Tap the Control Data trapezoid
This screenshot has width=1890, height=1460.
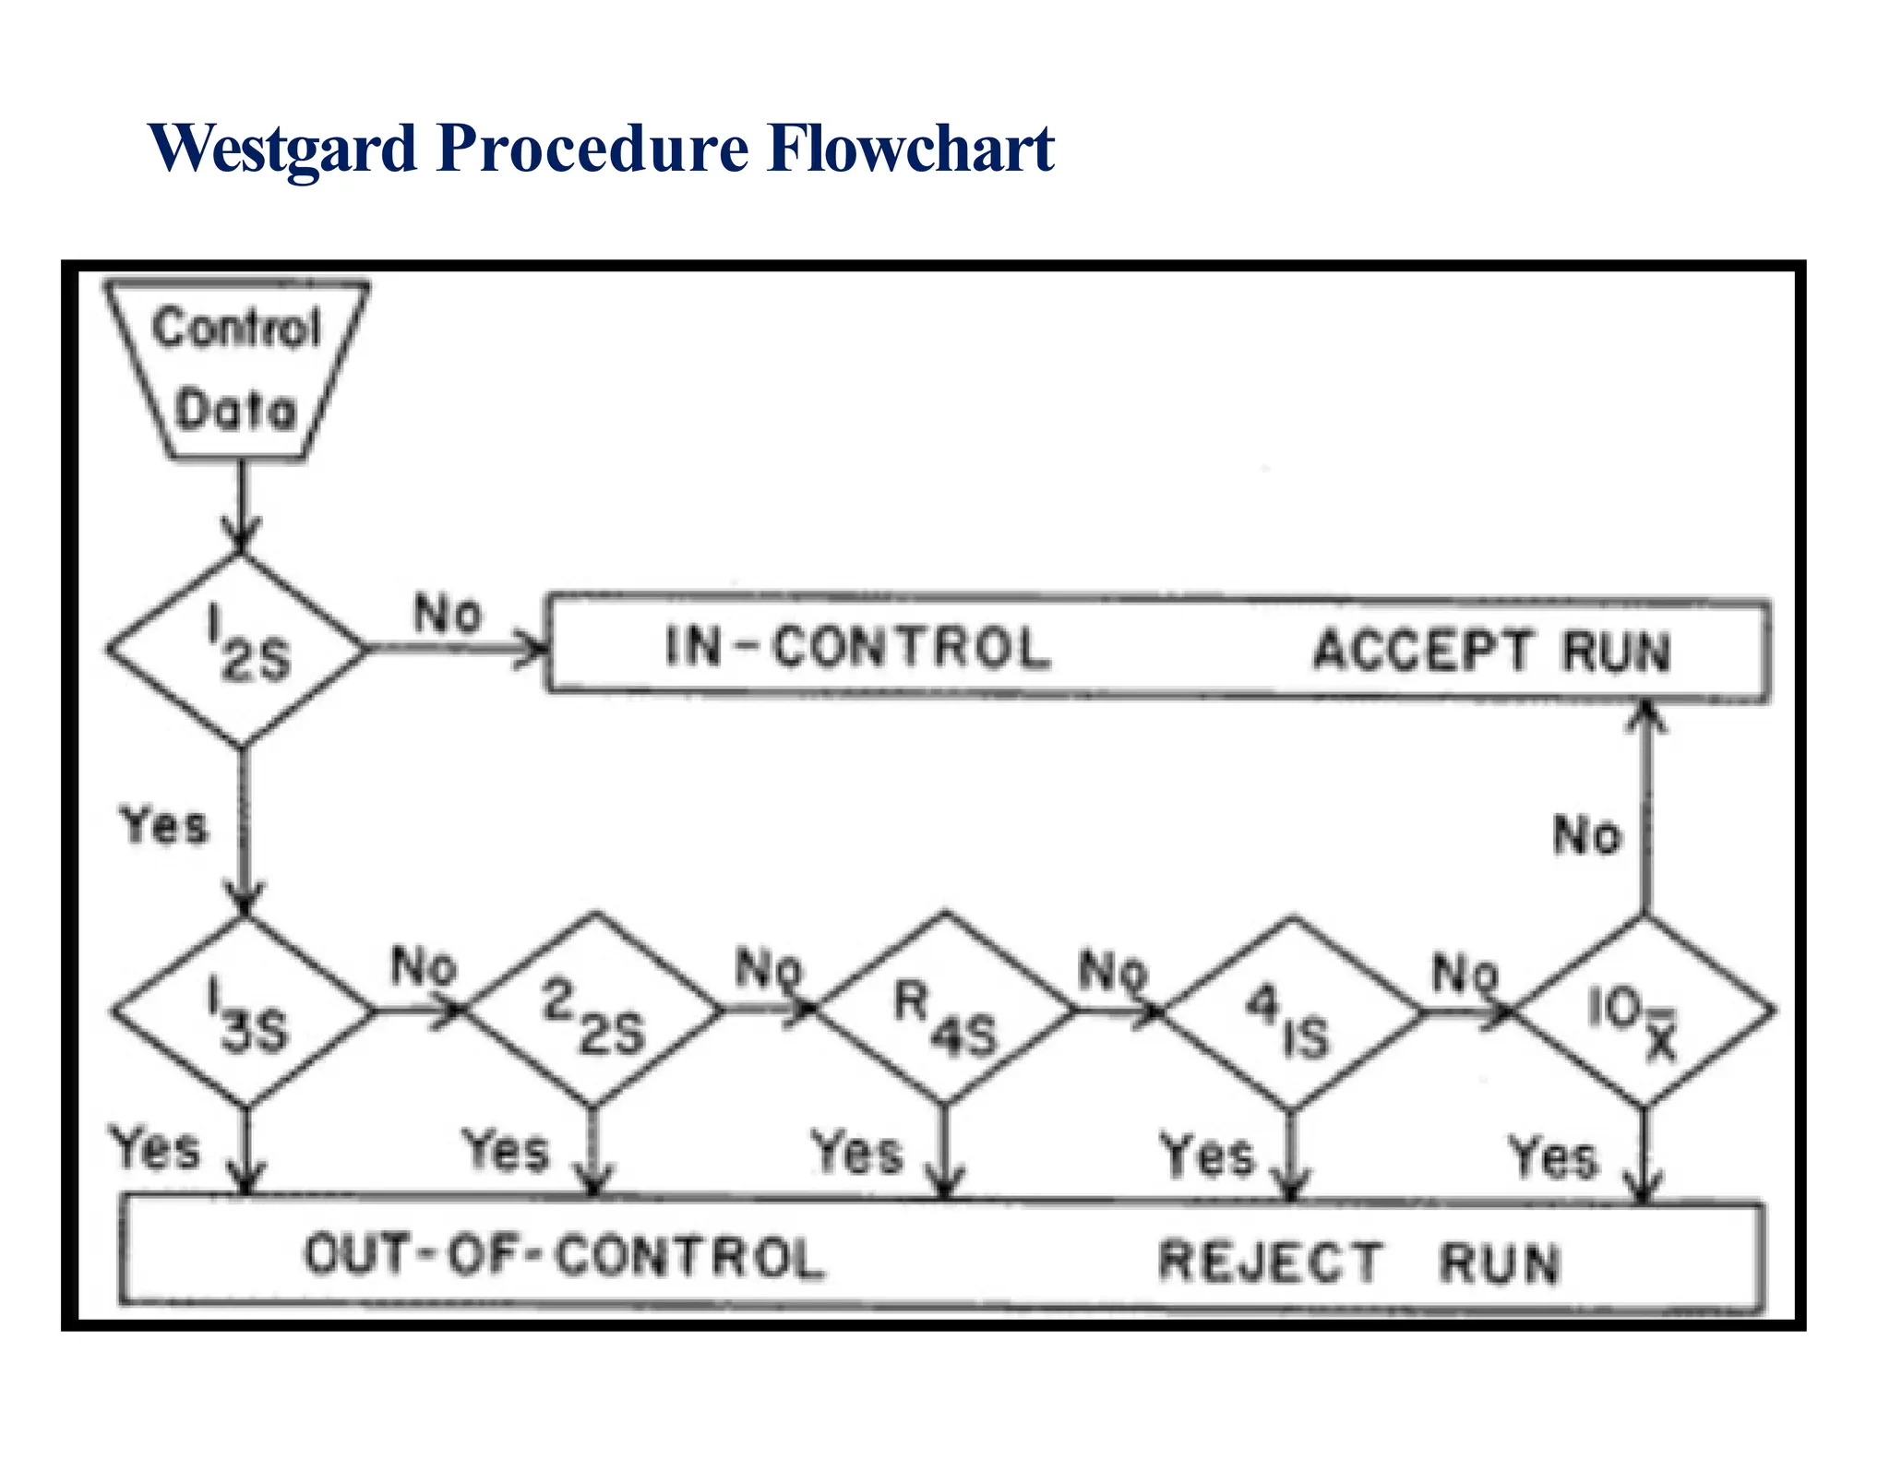237,370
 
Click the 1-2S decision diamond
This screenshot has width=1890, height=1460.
238,649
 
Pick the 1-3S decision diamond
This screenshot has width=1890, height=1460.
243,1011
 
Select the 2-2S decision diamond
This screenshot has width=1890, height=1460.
593,1011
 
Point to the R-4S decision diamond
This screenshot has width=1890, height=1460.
944,1011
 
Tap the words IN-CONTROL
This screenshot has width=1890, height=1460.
858,647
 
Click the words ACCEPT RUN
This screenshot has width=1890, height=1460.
1490,651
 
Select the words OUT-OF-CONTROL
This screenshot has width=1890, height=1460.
564,1257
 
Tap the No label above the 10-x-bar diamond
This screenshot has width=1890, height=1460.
1586,835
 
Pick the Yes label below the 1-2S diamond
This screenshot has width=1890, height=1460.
164,824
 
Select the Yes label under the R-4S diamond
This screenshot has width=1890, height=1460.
856,1154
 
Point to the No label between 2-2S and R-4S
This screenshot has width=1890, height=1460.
769,970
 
